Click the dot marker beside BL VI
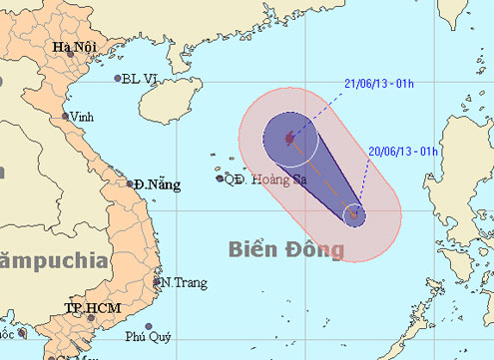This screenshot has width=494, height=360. click(x=118, y=79)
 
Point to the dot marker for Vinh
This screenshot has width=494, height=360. click(x=66, y=116)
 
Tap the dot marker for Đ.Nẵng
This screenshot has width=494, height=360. click(x=131, y=183)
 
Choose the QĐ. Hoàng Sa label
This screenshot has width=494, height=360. click(x=265, y=180)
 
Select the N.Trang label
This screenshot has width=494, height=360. click(x=185, y=283)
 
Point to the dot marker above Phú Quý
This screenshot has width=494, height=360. click(x=148, y=327)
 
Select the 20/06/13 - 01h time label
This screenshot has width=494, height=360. click(x=405, y=151)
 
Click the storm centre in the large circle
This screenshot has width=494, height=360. click(x=289, y=139)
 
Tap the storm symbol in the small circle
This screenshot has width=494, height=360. click(x=353, y=213)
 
